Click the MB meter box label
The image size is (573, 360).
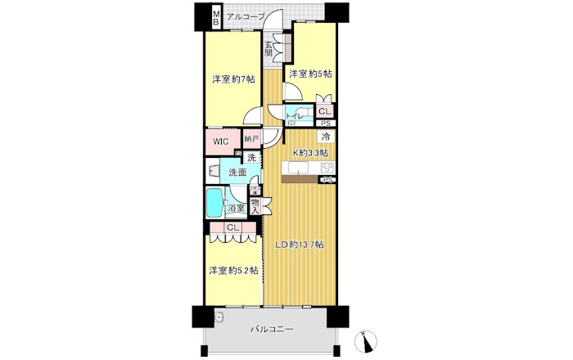point(216,16)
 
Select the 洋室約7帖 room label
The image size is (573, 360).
point(233,79)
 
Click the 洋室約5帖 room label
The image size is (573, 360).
point(309,74)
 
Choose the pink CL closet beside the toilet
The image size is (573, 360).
point(325,112)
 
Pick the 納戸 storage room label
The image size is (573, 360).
point(251,139)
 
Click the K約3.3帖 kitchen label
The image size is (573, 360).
point(311,152)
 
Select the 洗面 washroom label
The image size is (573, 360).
point(237,173)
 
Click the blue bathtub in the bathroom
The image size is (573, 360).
point(215,201)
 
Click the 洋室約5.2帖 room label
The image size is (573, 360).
point(233,270)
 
